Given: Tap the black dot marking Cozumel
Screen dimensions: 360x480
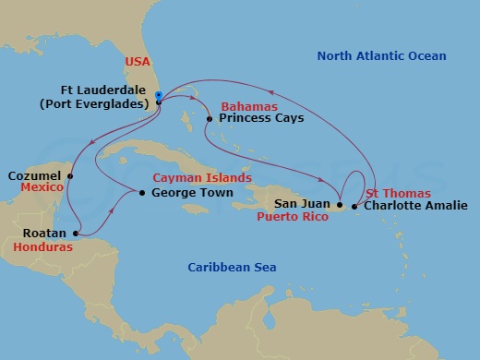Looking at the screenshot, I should point(70,174).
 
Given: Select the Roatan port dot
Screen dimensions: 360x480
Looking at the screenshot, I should point(76,234).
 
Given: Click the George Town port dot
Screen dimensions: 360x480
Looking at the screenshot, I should point(140,193).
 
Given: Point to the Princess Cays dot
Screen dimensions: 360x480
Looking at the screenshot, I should point(210,118).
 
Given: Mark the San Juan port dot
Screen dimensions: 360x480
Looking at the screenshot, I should point(340,205).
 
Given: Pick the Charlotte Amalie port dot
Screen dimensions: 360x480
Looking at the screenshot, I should point(356,205).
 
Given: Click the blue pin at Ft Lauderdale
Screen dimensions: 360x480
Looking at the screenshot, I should point(159,96).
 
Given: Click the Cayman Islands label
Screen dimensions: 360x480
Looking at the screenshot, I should point(201,177).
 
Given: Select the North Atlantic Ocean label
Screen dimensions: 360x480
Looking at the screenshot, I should point(381,57).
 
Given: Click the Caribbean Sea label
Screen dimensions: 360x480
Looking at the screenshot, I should point(233,268).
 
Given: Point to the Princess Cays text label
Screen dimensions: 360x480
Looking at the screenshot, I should point(261,119).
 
